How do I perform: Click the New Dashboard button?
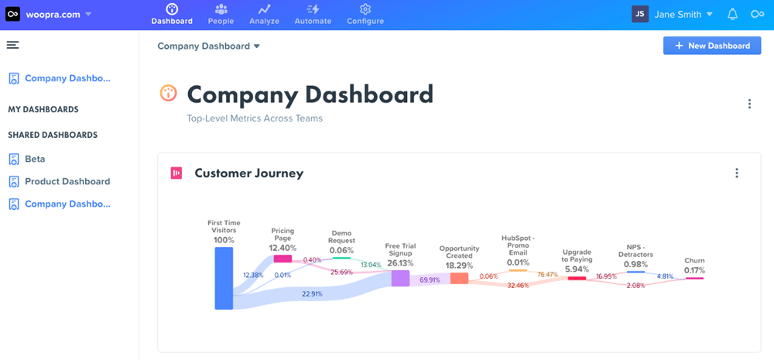click(712, 46)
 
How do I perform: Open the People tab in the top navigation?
click(221, 14)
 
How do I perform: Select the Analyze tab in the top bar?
click(265, 14)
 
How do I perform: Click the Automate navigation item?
click(313, 14)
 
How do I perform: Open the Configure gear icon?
click(365, 9)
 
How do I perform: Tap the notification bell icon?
click(732, 14)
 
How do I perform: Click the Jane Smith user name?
click(677, 14)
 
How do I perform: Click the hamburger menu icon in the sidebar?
click(12, 45)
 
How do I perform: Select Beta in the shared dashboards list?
click(35, 159)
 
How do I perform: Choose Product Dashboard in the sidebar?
click(67, 181)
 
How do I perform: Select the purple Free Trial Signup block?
click(400, 278)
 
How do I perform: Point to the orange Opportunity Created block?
click(459, 278)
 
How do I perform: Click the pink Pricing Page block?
click(282, 259)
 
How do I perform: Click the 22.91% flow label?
click(313, 293)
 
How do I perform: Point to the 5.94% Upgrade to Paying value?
click(577, 269)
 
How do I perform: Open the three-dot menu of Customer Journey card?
click(737, 173)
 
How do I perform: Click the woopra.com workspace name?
click(52, 14)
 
